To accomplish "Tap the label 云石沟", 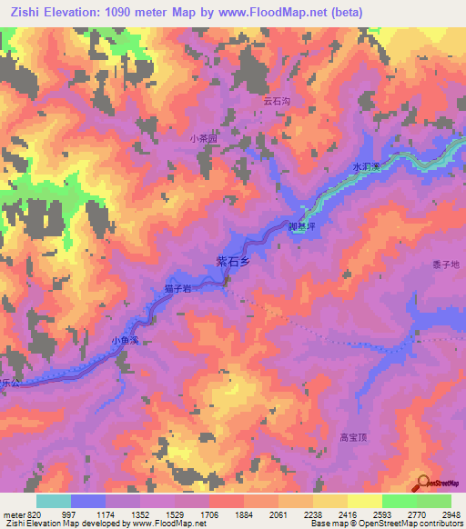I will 276,102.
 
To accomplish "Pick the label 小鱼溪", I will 124,340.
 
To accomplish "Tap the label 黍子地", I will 446,264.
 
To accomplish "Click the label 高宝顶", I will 352,437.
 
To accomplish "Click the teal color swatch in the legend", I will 54,501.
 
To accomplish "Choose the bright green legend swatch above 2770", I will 399,501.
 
